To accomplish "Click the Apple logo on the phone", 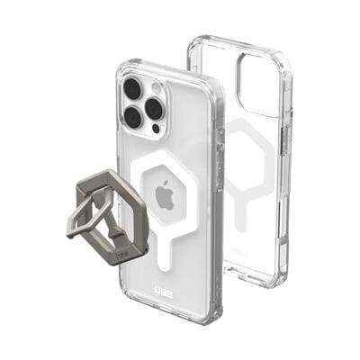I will (x=166, y=195).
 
